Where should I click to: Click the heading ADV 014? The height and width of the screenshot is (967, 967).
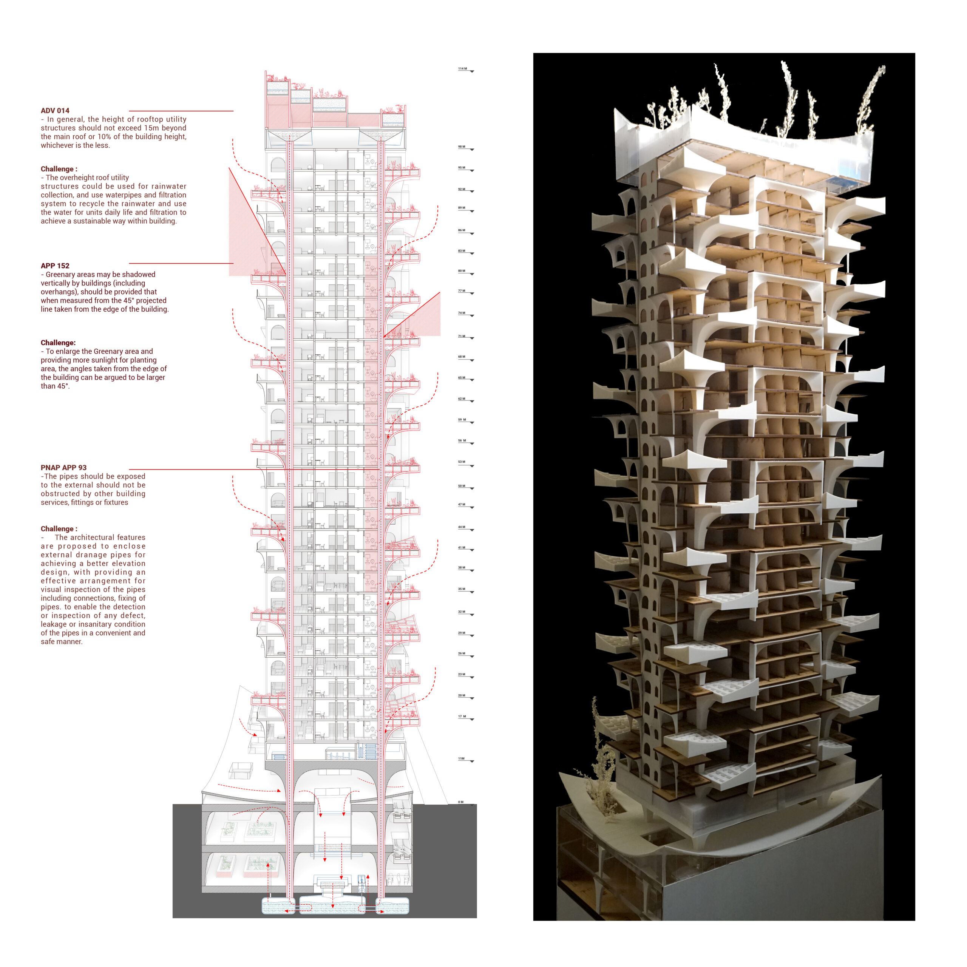(x=55, y=111)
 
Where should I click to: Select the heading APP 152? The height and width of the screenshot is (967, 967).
(x=55, y=266)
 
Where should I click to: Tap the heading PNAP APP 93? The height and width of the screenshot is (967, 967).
(x=63, y=468)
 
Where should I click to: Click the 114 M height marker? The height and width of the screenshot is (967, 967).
(x=462, y=69)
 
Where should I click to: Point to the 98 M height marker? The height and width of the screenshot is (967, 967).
(x=462, y=147)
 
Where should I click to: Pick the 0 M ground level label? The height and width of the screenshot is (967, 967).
(x=461, y=802)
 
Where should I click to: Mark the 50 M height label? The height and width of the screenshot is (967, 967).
(x=462, y=485)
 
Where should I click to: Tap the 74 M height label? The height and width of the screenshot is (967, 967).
(x=462, y=313)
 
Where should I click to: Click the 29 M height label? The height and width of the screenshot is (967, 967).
(x=462, y=633)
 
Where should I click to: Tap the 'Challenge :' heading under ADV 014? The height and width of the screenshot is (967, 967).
(x=59, y=169)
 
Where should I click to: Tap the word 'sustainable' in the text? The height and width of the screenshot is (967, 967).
(x=92, y=221)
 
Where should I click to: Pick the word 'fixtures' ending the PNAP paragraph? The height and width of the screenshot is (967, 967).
(x=116, y=502)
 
